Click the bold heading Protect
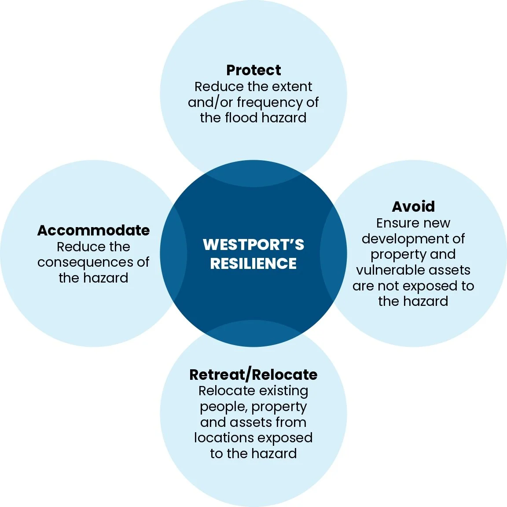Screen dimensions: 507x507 click(x=253, y=70)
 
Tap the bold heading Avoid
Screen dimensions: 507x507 click(x=413, y=206)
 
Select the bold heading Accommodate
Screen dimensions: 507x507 click(x=93, y=230)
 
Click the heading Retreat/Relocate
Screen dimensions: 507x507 click(x=253, y=375)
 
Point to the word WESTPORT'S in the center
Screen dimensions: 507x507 click(x=253, y=244)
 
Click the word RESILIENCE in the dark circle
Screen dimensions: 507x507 click(x=253, y=264)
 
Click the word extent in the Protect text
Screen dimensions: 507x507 click(x=293, y=86)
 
